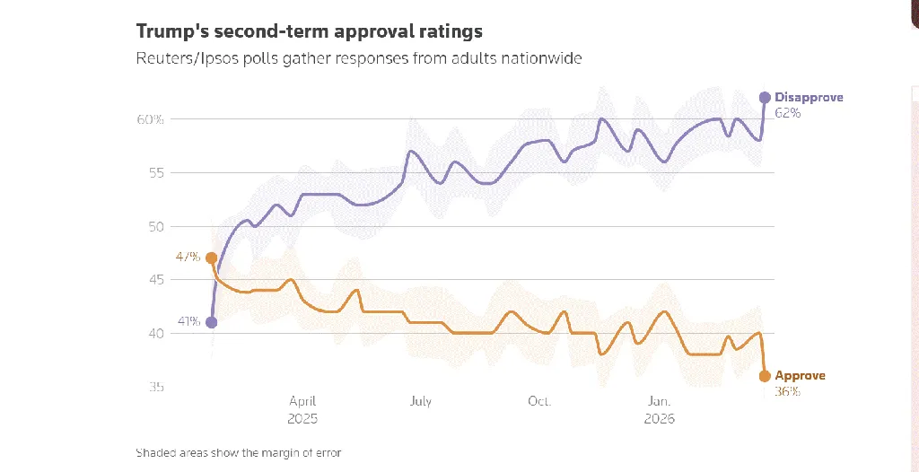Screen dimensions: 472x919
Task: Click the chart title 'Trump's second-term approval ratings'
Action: click(x=309, y=31)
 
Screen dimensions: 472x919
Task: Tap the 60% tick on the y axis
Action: click(x=150, y=119)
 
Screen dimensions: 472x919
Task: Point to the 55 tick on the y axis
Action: click(x=156, y=172)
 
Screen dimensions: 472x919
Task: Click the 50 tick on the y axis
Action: click(x=156, y=226)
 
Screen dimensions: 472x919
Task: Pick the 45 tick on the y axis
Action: click(x=156, y=280)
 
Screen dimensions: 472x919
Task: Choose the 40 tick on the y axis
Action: click(x=156, y=334)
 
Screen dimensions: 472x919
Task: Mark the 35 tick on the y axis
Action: click(x=156, y=388)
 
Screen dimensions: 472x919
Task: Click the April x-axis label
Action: click(x=302, y=402)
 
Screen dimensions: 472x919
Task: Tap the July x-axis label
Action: click(x=421, y=402)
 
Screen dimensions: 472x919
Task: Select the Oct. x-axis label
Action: click(x=539, y=402)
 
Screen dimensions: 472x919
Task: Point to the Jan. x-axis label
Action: click(x=659, y=402)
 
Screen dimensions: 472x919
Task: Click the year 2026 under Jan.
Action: click(x=659, y=419)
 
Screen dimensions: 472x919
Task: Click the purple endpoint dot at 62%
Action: click(x=765, y=97)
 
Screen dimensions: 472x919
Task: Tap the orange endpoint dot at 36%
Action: click(x=765, y=376)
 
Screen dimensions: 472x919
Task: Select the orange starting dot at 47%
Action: click(x=211, y=258)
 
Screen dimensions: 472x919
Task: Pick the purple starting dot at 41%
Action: click(x=211, y=322)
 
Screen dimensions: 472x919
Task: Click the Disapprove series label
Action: click(x=809, y=97)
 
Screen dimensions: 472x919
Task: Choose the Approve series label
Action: click(x=800, y=376)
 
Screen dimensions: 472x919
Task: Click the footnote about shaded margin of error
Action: click(x=238, y=452)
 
